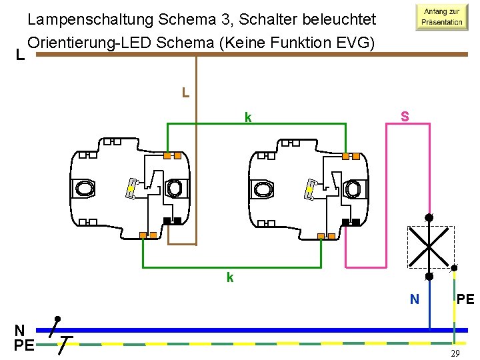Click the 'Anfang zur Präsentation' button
click(x=440, y=17)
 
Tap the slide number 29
click(x=455, y=353)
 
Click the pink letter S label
click(x=404, y=116)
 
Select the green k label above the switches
click(x=247, y=118)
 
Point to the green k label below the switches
click(x=229, y=277)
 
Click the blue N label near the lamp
click(x=414, y=300)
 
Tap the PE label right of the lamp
click(x=465, y=300)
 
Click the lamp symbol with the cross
click(x=430, y=247)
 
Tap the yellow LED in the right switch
click(x=310, y=190)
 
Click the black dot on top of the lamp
click(x=429, y=217)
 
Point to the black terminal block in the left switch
click(x=172, y=221)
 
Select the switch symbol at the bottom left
click(x=57, y=333)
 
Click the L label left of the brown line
click(x=20, y=56)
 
